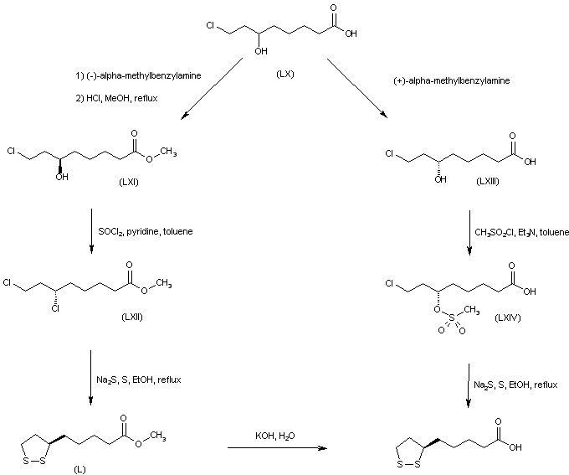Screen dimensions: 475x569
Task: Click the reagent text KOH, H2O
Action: pos(274,434)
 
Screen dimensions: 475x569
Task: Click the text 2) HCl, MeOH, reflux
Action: pos(116,99)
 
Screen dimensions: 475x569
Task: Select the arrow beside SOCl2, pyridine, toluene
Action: pos(90,231)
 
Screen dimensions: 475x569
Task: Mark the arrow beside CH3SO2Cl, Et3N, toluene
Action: pos(468,231)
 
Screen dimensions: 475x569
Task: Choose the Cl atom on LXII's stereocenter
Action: pos(56,308)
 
